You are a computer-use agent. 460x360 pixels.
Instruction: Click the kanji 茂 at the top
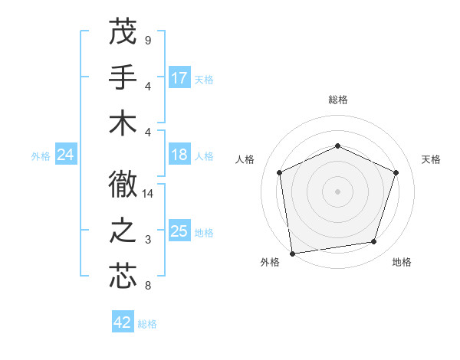(123, 33)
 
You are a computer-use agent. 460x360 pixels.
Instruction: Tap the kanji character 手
(123, 78)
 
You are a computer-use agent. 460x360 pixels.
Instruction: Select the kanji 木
(123, 123)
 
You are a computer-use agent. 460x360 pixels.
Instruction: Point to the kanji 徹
(123, 184)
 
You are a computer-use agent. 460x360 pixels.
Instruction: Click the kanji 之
(123, 230)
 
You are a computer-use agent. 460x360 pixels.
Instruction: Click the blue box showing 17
(179, 78)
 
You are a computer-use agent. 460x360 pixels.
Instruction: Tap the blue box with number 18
(179, 155)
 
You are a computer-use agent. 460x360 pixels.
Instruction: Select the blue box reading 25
(179, 231)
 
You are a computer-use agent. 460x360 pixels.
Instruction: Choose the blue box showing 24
(66, 155)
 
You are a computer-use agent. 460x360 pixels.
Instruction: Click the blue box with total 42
(123, 322)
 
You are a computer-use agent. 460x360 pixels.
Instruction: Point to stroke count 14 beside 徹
(148, 194)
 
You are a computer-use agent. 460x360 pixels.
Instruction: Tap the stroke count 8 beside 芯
(147, 286)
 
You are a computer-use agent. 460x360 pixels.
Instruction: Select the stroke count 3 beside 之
(147, 240)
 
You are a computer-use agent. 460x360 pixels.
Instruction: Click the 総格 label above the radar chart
(337, 100)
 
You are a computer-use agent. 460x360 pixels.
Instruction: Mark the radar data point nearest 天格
(396, 172)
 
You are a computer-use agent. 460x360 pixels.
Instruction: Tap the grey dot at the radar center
(337, 191)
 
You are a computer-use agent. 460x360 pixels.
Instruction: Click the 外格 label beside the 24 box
(41, 156)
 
